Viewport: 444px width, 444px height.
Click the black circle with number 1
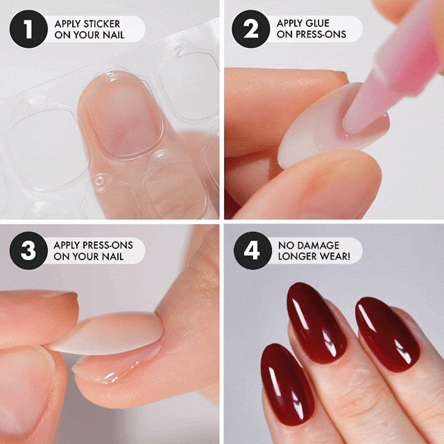point(29,29)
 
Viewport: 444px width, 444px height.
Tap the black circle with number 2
point(251,29)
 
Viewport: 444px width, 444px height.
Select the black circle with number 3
point(29,251)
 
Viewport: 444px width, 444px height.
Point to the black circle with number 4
point(253,251)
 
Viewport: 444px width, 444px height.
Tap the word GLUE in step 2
point(316,23)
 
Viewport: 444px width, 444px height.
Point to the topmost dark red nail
point(316,323)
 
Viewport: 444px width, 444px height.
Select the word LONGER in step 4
point(297,256)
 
